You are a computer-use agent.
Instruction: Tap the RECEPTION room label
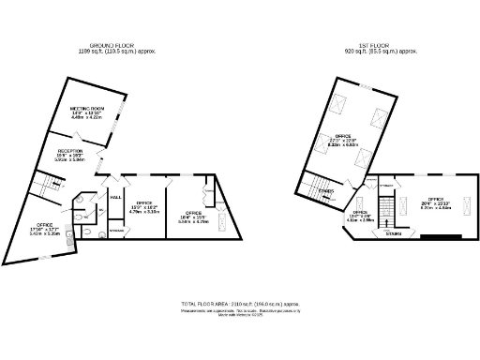click(71, 155)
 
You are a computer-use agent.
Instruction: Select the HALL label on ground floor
click(116, 198)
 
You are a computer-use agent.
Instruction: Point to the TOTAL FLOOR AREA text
click(240, 305)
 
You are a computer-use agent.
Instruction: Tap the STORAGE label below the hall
click(116, 230)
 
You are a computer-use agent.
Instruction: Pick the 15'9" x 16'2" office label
click(144, 207)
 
